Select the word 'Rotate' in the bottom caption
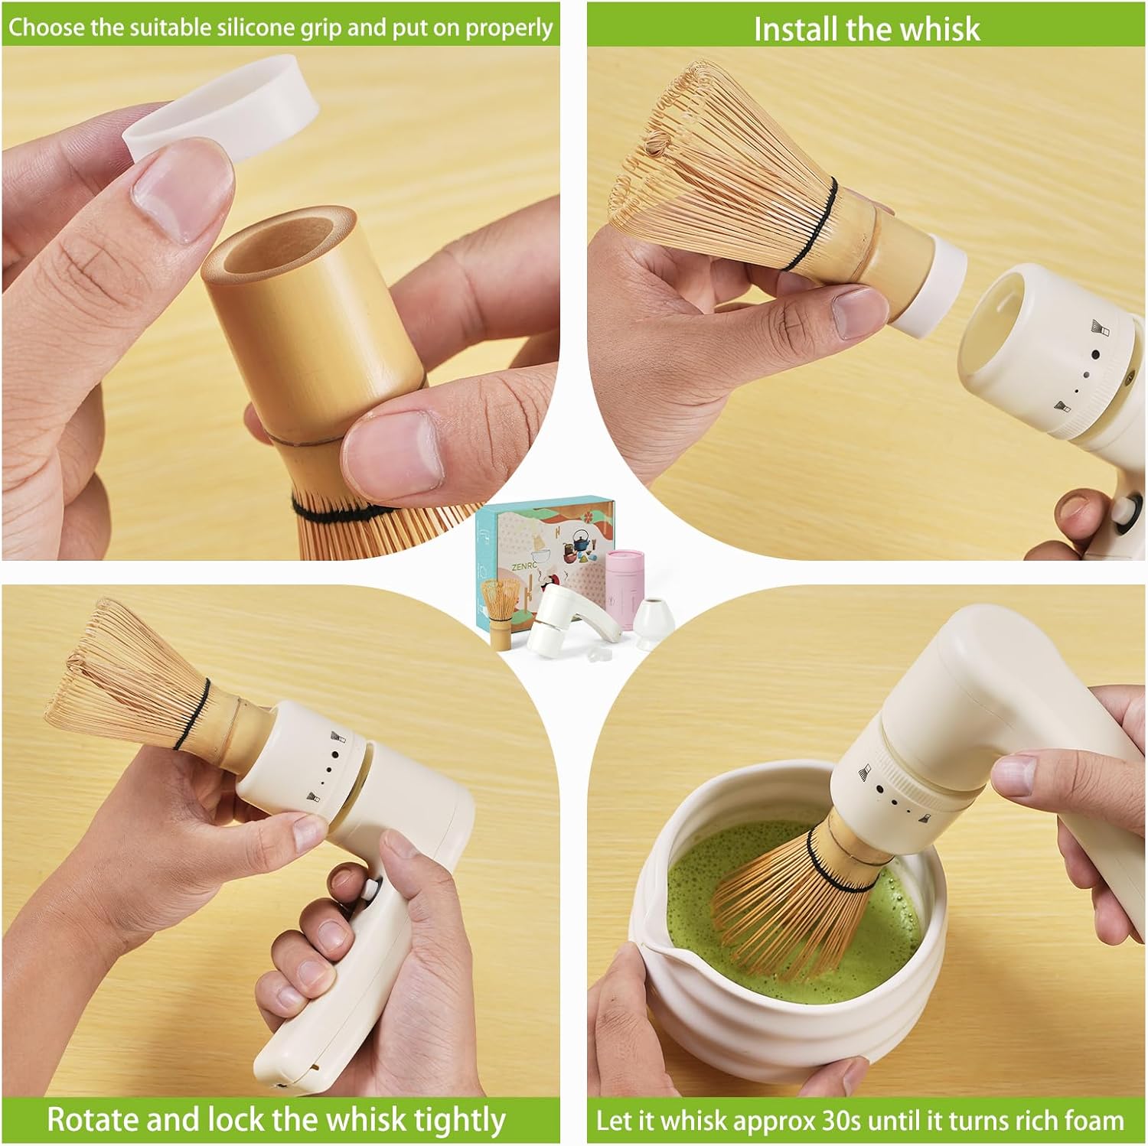click(x=92, y=1119)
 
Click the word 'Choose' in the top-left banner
click(x=46, y=28)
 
